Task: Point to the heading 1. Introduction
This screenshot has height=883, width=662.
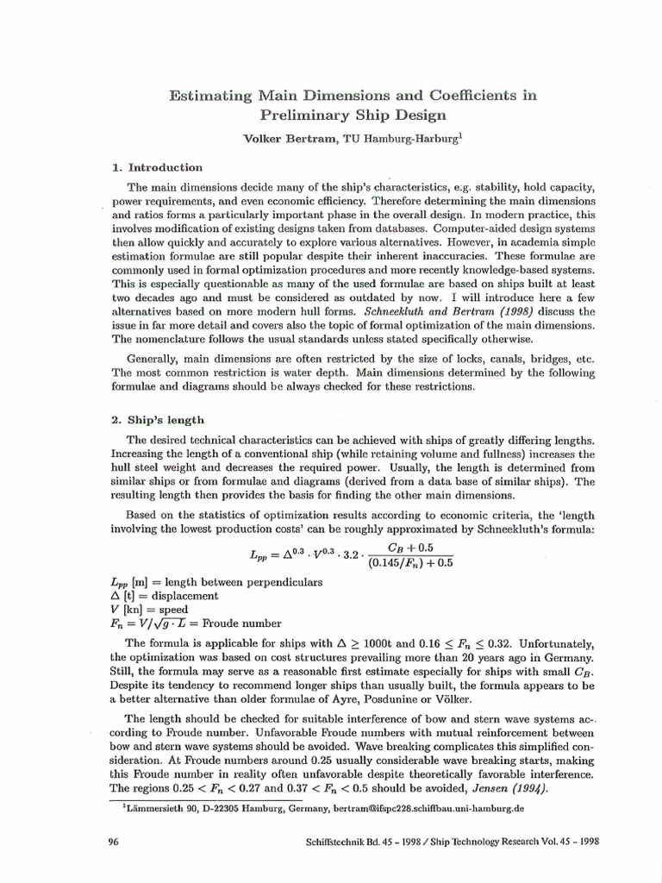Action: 159,167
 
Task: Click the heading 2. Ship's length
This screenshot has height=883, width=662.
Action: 159,420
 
